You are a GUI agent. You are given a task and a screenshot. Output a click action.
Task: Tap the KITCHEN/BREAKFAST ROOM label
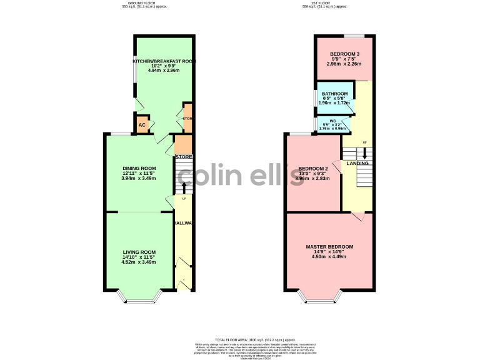tap(164, 61)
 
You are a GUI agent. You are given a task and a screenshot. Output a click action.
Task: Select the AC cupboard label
tap(142, 125)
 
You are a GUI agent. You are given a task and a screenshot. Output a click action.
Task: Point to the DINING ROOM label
tap(139, 168)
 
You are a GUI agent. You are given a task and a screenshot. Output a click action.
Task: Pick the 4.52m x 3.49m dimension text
tap(139, 262)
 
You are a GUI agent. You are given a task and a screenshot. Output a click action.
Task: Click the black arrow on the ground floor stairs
tap(184, 187)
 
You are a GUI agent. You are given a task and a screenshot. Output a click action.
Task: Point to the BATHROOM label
tap(334, 94)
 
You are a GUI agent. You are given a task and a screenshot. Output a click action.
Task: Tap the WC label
tap(333, 121)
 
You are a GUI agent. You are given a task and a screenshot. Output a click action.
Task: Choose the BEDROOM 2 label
tap(312, 169)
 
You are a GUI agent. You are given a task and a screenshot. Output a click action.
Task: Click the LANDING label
tap(358, 164)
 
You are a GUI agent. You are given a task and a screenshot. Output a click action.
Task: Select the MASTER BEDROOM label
tap(329, 247)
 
